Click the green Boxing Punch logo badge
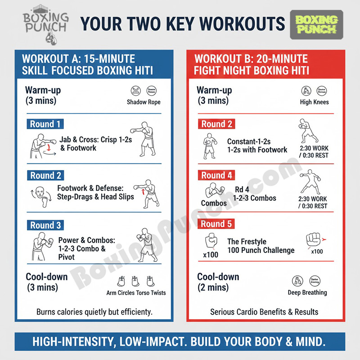[317, 25]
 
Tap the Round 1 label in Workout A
[45, 124]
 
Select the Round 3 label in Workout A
[45, 225]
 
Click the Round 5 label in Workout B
[216, 224]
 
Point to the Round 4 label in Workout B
[216, 175]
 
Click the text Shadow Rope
[144, 102]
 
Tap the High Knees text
[314, 102]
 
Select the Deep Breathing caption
[307, 292]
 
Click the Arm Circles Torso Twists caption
[136, 293]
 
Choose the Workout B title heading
[251, 64]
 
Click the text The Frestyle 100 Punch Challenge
[261, 246]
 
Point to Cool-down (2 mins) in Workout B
[218, 282]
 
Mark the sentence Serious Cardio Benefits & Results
[264, 311]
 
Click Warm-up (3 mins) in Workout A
[44, 95]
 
